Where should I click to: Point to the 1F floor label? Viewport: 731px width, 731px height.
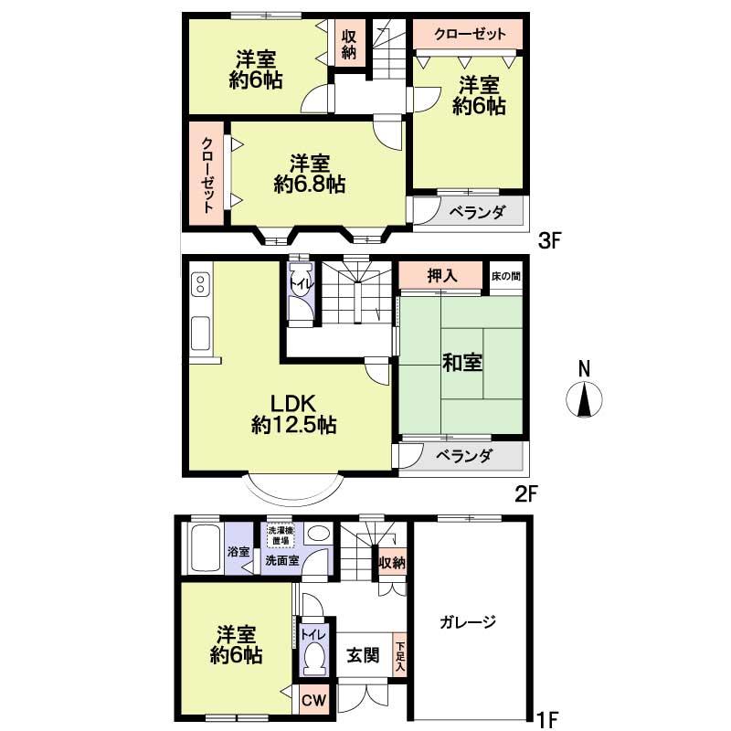click(x=546, y=709)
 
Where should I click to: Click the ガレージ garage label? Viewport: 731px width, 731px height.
click(x=467, y=622)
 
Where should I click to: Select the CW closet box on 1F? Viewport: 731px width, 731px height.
click(x=313, y=701)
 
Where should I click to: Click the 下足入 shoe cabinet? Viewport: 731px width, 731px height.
click(x=400, y=656)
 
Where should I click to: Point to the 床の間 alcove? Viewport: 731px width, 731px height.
click(x=505, y=275)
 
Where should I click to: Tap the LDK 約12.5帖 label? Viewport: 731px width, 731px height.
click(x=292, y=412)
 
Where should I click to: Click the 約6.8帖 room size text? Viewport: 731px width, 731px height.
click(x=310, y=184)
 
